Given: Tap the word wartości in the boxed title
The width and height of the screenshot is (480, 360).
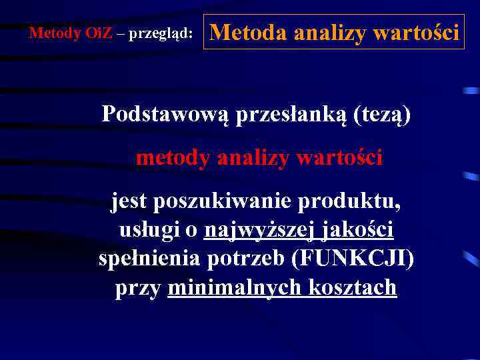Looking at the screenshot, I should point(417,32).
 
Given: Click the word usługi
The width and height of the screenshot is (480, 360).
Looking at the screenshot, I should point(151,230).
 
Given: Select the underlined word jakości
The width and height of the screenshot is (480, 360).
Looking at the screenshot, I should point(359,231).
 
